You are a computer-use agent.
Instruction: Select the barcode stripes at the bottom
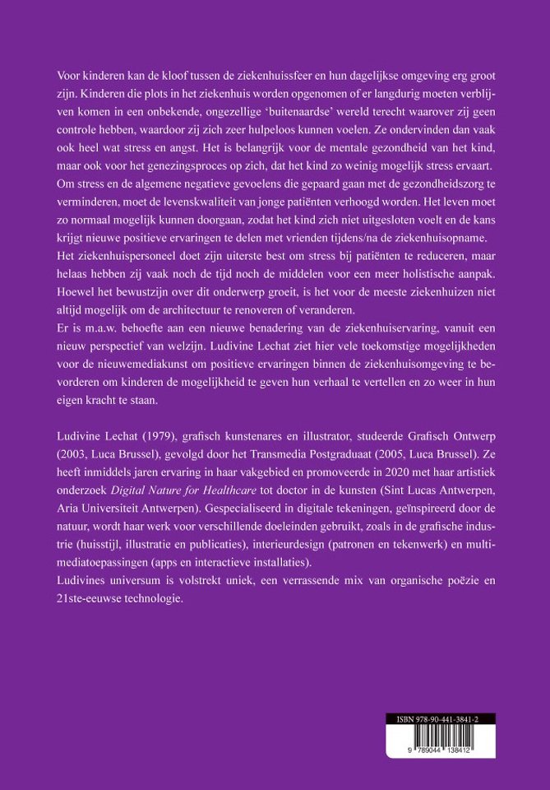(444, 738)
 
